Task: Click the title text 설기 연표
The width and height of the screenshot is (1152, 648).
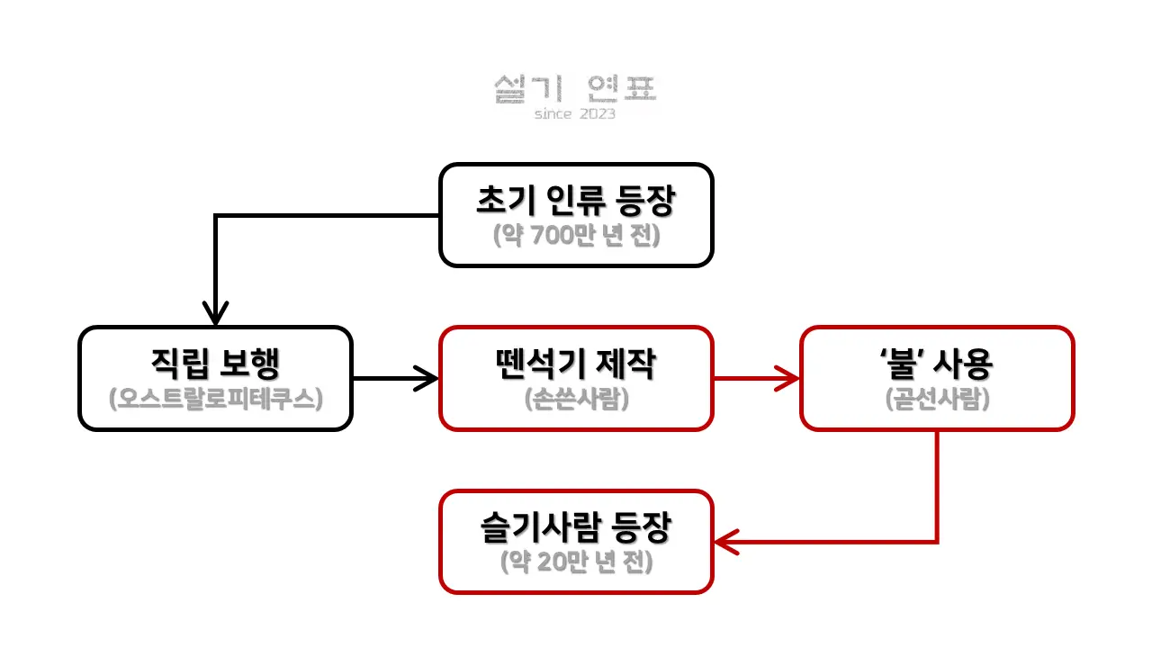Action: coord(575,89)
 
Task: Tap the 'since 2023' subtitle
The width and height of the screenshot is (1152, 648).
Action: coord(575,114)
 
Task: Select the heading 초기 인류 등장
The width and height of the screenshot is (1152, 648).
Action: coord(575,202)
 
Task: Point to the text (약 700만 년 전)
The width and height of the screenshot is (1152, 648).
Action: coord(576,235)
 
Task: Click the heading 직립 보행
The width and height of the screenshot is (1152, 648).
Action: coord(215,364)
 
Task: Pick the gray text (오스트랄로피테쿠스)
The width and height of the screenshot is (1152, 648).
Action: coord(215,399)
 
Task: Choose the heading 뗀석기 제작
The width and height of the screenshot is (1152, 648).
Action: coord(576,364)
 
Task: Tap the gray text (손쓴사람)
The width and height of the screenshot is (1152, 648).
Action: coord(576,399)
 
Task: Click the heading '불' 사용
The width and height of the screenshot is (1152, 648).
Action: coord(936,364)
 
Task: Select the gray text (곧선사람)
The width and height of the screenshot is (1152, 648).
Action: coord(937,399)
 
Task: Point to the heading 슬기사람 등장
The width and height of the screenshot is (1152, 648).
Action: coord(576,528)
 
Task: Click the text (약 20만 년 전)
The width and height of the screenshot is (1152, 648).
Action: coord(576,562)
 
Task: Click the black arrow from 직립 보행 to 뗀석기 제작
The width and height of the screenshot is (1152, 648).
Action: coord(396,378)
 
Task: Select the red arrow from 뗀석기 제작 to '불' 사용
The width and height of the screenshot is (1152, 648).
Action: coord(756,378)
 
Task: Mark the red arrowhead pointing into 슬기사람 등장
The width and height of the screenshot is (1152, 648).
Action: coord(725,542)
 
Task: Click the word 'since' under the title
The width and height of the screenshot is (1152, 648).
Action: coord(553,114)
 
